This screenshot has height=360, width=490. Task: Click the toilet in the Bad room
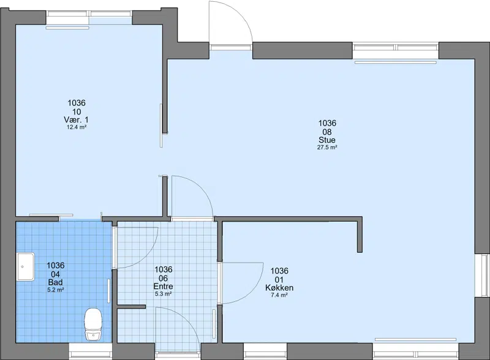point(93,324)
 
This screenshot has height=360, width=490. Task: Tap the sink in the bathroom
point(25,267)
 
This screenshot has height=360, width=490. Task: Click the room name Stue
point(327,140)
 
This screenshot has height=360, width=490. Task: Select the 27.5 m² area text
point(327,148)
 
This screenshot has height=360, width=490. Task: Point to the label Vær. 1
point(76,119)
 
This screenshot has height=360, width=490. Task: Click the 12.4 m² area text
point(76,127)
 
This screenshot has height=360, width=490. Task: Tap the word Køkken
point(279,288)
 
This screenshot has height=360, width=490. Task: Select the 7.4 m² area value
point(279,295)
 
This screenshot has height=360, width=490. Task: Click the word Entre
point(163,287)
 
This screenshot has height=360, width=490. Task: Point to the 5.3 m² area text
point(163,294)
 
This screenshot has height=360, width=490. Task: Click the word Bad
point(55,282)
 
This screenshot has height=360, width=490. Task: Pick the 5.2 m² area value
point(55,290)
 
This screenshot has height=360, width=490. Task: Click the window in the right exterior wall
point(483,276)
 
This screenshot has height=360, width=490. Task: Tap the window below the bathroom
point(90,351)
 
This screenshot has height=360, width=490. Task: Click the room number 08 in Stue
point(327,132)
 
